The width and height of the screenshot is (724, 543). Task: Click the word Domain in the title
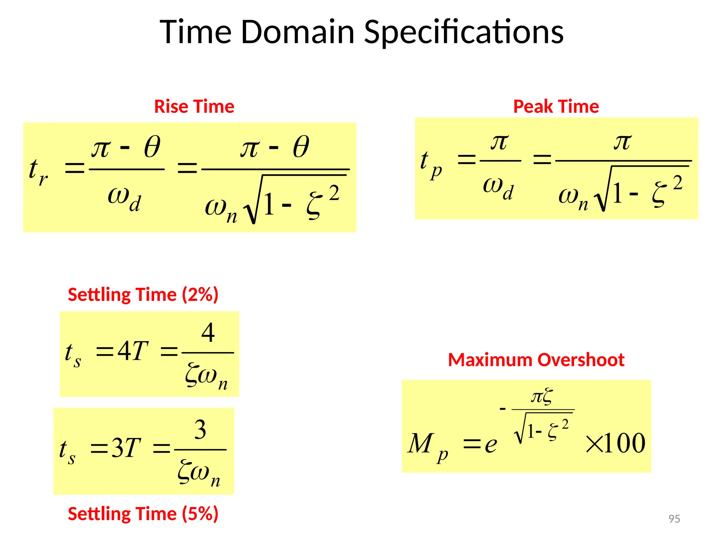[298, 32]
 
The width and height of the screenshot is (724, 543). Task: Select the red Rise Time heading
[194, 106]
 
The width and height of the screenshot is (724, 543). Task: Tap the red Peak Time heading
[556, 106]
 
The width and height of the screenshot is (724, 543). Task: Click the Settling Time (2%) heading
[143, 294]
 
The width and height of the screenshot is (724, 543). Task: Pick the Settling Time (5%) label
[143, 514]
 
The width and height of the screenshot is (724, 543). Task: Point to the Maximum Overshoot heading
[536, 360]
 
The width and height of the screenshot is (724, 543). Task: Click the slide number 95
[674, 519]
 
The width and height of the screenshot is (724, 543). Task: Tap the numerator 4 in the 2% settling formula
[208, 333]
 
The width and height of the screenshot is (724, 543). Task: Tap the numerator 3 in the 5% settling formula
[200, 430]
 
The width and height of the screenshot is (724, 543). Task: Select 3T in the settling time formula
[126, 448]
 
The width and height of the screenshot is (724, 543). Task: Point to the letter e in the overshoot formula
[491, 445]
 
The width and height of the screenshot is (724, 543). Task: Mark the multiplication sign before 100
[594, 444]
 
